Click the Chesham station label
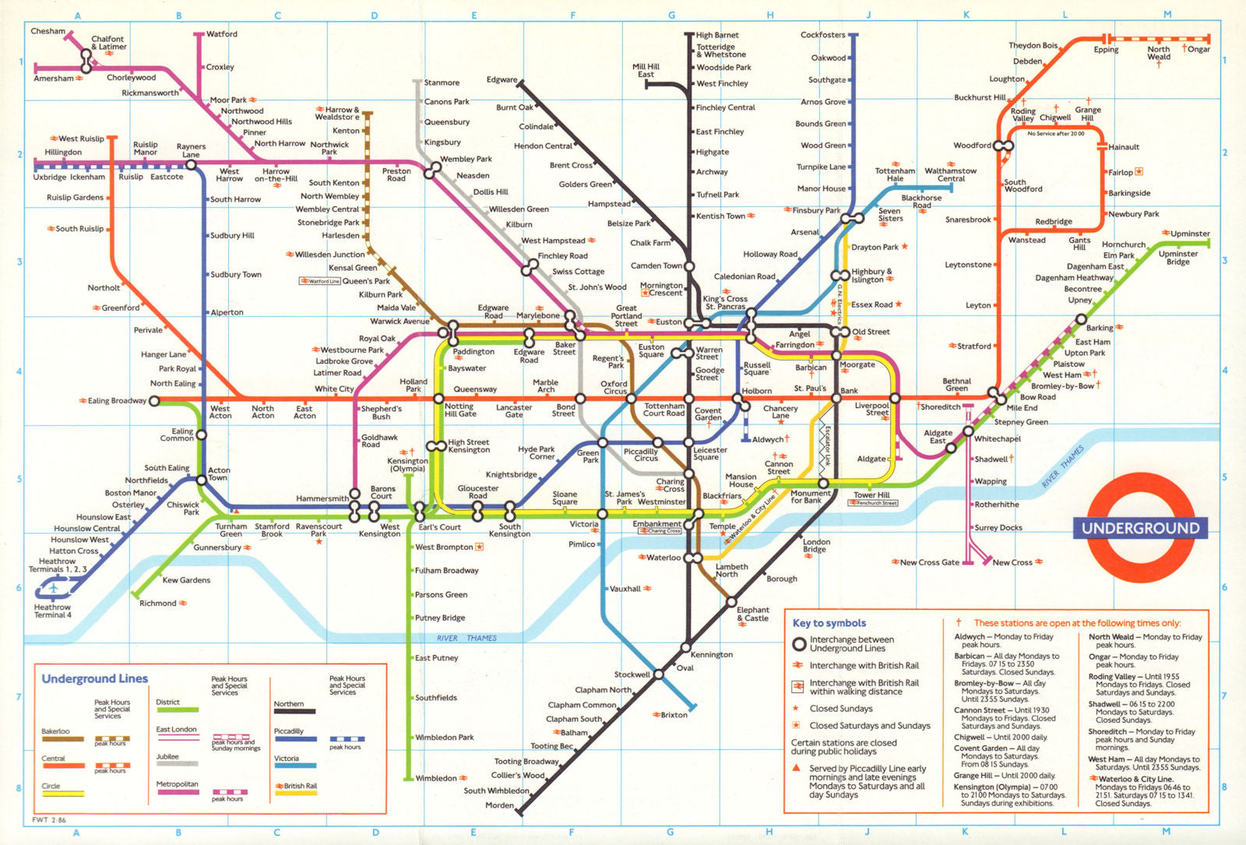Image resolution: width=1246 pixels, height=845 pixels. (48, 31)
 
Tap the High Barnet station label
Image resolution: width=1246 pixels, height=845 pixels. (716, 35)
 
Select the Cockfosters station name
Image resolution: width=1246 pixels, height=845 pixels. (822, 35)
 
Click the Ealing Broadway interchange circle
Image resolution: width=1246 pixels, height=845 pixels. (154, 401)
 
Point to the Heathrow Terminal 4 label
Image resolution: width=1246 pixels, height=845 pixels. (52, 611)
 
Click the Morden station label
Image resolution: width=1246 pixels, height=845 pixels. (499, 805)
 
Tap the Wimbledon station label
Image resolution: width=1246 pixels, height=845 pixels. (436, 778)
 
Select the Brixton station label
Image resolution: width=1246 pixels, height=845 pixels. (674, 715)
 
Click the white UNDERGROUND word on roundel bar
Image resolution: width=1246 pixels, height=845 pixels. (1140, 528)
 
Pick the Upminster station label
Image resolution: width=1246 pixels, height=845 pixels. (1190, 234)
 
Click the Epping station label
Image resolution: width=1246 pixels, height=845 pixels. (1106, 50)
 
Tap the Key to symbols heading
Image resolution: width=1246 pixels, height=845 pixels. (829, 623)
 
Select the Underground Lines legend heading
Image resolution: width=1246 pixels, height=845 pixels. (94, 678)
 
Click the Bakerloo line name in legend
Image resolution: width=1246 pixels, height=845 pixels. (55, 731)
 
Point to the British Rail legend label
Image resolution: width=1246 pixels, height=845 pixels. (300, 786)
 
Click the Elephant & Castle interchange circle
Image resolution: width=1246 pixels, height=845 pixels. (730, 601)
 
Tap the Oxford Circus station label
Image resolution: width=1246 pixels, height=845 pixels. (614, 387)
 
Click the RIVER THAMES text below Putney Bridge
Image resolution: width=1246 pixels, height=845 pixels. (466, 638)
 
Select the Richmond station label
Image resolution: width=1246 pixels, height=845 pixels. (158, 604)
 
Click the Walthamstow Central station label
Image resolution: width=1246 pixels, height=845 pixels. (950, 174)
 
